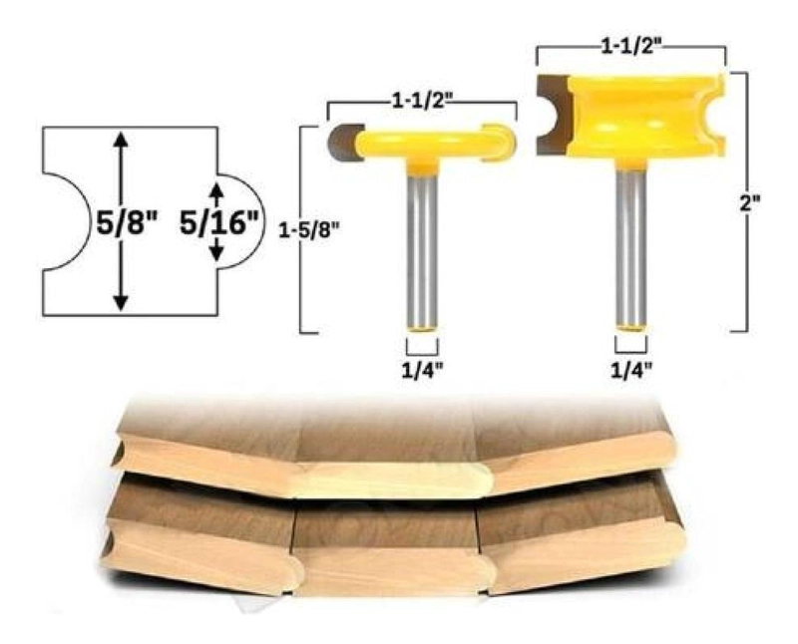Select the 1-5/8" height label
[x=309, y=231]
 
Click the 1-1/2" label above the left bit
[x=422, y=102]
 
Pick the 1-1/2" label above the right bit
[x=631, y=47]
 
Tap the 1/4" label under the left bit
[x=422, y=370]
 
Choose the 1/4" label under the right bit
[x=631, y=370]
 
